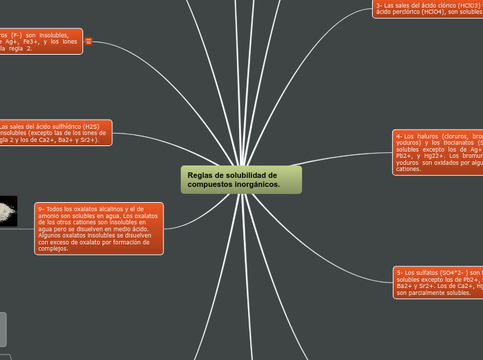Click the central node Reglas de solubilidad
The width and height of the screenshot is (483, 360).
(x=241, y=180)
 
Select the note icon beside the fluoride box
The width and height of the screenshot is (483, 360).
(x=89, y=42)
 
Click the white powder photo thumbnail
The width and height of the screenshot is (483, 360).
(x=8, y=210)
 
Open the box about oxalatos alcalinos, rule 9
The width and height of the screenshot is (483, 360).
(x=99, y=228)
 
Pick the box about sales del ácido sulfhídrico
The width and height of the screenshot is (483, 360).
(x=55, y=133)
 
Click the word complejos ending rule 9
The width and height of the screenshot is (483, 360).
(x=53, y=249)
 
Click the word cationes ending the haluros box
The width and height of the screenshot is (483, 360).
(x=409, y=169)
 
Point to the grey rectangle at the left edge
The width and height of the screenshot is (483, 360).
(x=3, y=329)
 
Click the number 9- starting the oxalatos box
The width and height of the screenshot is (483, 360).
(x=42, y=208)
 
